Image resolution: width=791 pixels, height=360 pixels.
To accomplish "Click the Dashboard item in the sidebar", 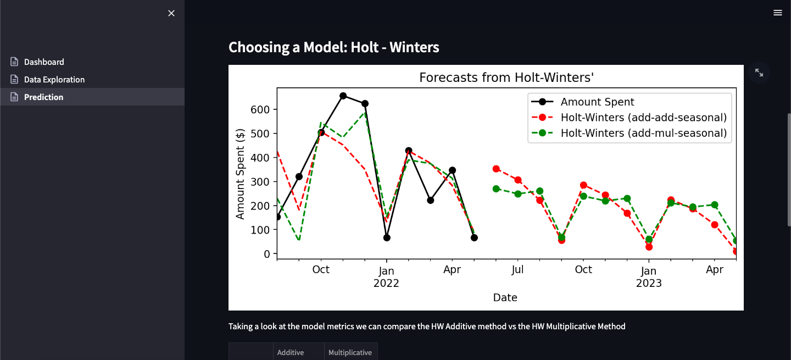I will point(44,62).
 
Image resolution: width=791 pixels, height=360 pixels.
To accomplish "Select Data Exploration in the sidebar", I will point(54,80).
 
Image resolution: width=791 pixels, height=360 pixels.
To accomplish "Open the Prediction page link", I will point(43,97).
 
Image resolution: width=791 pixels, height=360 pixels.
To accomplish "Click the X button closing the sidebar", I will point(171,13).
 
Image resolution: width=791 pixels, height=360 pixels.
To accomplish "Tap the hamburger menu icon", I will point(778,13).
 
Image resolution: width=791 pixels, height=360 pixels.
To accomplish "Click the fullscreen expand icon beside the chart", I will point(759,73).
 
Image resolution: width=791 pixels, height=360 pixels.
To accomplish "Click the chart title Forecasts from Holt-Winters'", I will point(506,77).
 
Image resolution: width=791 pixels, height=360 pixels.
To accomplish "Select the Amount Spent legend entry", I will point(597,102).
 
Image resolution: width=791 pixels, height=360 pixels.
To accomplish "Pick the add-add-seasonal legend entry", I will point(643,118).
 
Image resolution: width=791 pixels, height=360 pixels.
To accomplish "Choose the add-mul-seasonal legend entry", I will point(643,133).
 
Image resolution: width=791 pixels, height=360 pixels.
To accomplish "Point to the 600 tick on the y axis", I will point(261,109).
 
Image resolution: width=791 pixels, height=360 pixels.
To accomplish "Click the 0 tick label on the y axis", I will point(267,254).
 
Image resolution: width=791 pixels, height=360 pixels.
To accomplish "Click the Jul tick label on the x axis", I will point(517,270).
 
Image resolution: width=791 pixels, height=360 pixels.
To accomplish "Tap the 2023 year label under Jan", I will point(649,284).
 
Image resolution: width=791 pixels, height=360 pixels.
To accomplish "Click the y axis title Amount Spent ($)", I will point(240,174).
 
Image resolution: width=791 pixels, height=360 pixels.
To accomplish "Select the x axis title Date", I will point(505,298).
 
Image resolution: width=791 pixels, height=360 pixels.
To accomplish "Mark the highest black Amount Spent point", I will point(343,96).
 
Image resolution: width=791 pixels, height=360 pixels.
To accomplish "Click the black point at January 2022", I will point(387,237).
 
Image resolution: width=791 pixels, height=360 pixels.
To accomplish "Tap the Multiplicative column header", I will point(350,352).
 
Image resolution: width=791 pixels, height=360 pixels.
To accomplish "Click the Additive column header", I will point(291,352).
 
